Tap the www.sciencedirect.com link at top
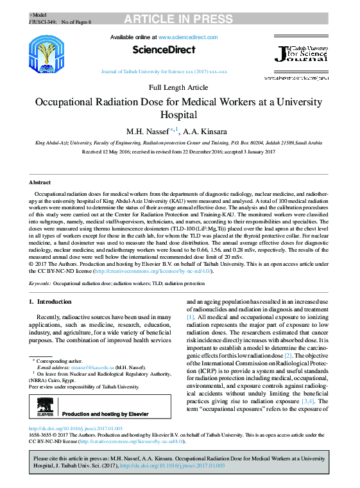(189, 38)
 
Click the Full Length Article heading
(178, 87)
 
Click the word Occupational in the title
(69, 102)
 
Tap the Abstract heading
(40, 182)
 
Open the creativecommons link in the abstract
(153, 271)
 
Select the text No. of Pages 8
(76, 22)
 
